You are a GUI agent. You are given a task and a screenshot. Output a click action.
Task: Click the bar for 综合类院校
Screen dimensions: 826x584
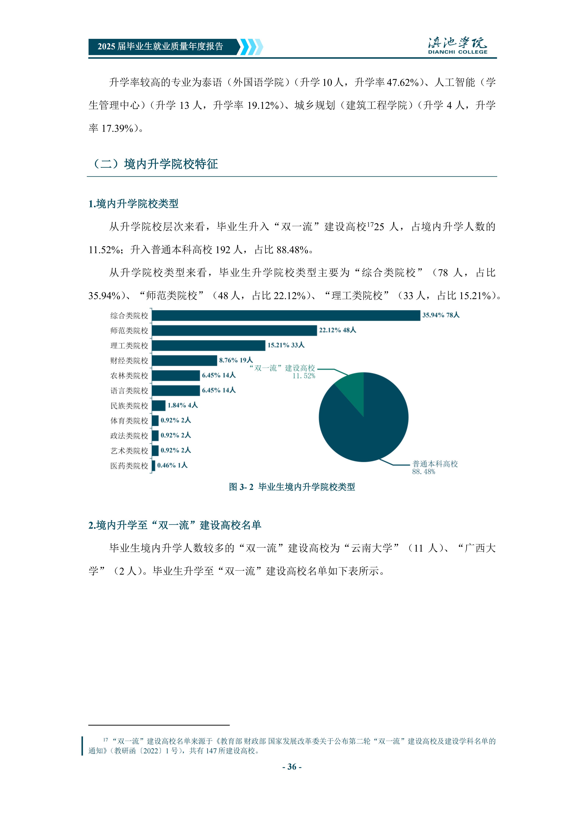[286, 315]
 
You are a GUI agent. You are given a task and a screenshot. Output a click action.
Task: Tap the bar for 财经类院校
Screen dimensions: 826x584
[184, 360]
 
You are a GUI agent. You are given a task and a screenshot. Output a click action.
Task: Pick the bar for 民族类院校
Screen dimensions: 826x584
[159, 405]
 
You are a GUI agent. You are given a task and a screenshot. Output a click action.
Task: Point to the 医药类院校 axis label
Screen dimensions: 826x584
[129, 466]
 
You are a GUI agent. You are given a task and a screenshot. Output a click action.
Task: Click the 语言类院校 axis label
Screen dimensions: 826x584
[129, 391]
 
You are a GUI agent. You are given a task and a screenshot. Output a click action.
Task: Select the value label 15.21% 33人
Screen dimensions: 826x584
[286, 345]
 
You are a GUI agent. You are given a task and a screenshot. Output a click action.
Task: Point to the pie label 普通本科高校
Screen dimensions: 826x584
[435, 464]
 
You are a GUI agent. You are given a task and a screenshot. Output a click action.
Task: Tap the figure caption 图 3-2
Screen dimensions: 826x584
[292, 487]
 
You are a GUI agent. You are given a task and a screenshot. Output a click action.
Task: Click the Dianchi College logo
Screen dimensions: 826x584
[457, 46]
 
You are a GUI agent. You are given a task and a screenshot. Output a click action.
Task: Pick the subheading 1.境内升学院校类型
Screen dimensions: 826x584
[133, 204]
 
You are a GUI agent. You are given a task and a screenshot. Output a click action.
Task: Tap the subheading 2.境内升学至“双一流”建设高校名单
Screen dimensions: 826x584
[175, 525]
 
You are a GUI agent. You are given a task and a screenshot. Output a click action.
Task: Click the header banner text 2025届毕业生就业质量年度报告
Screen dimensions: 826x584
[160, 46]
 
